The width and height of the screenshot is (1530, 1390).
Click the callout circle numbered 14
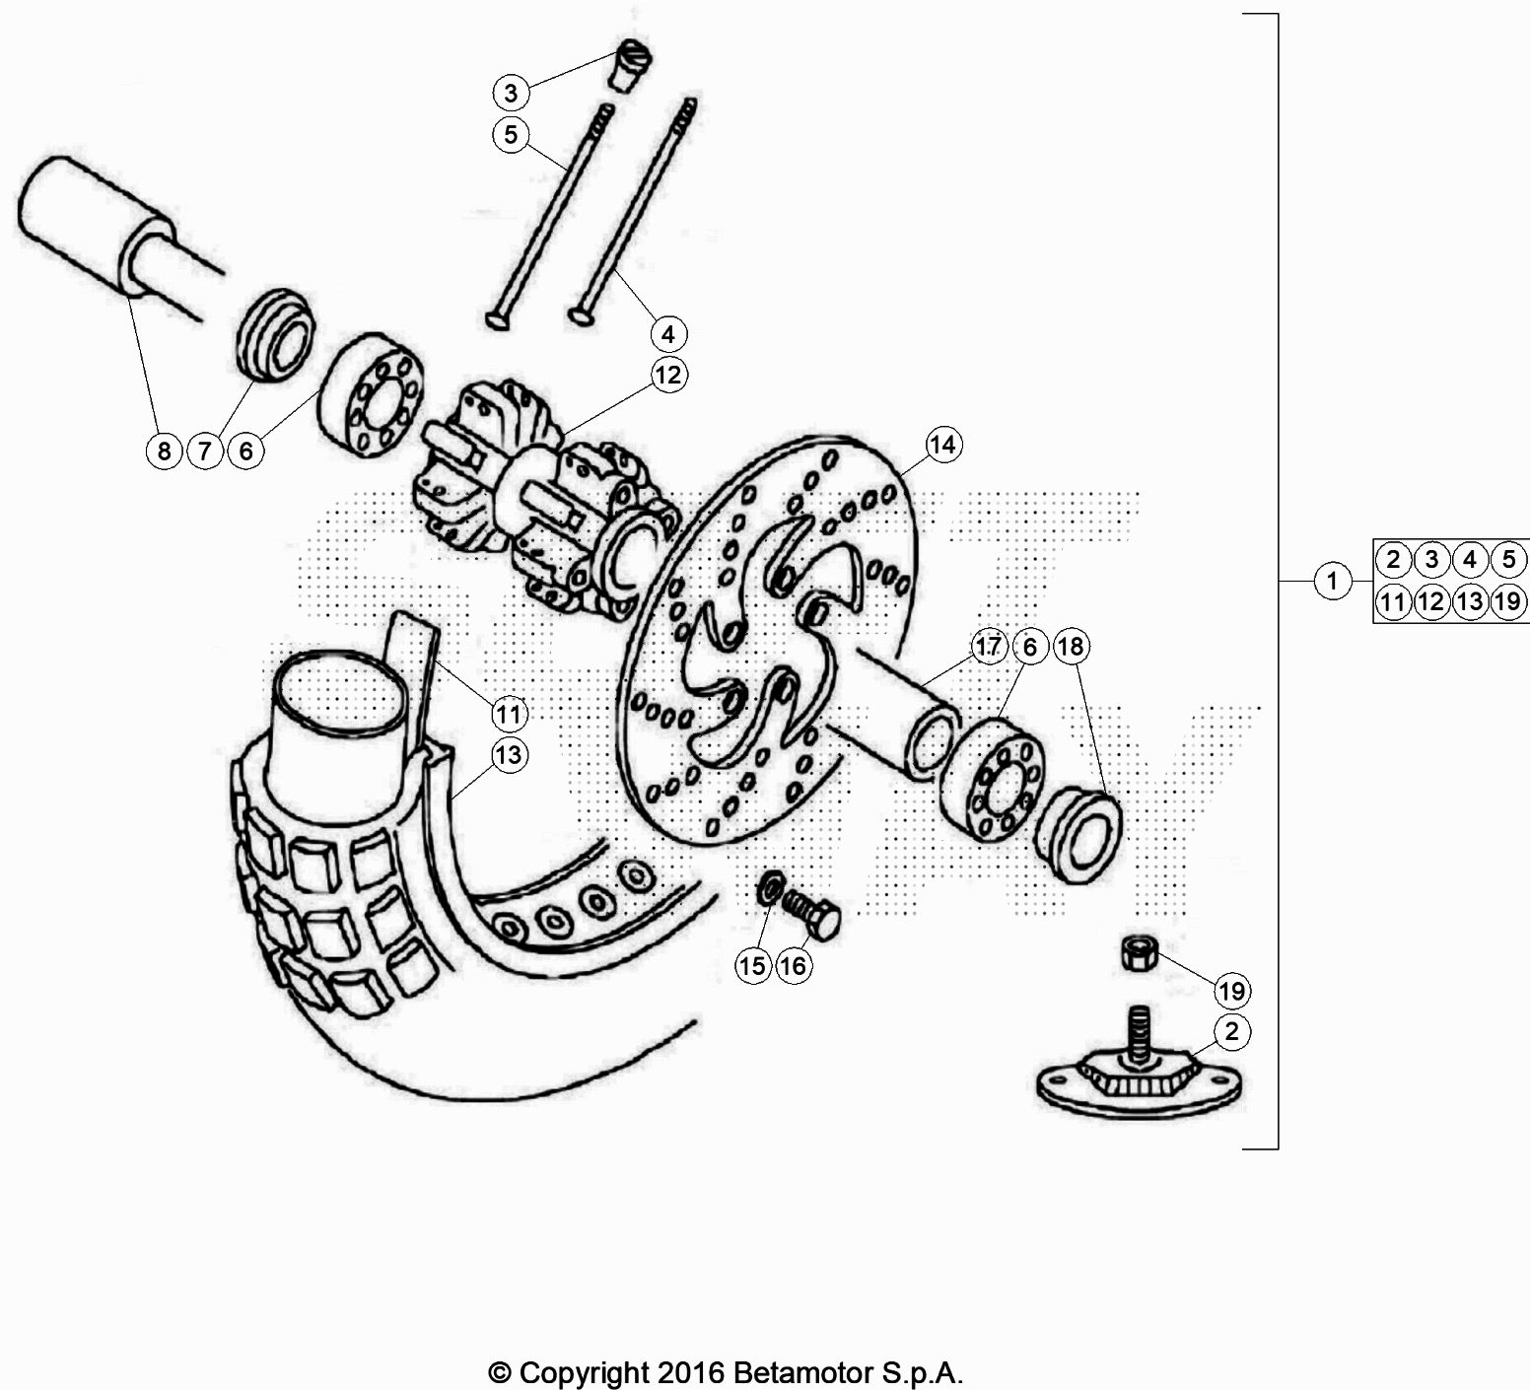point(942,445)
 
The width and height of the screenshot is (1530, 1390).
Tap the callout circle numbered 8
point(164,452)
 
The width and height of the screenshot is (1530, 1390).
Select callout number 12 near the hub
point(669,376)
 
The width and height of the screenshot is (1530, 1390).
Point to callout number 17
point(988,647)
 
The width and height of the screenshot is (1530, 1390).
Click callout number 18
point(1071,647)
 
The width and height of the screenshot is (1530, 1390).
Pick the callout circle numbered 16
point(793,966)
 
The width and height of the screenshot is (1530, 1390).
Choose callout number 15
point(752,966)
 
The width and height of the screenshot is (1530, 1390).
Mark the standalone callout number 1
point(1333,581)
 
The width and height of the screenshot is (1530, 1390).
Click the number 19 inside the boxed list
point(1507,600)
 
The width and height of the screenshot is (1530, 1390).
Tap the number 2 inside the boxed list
point(1393,560)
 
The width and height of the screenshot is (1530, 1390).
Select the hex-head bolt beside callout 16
point(811,913)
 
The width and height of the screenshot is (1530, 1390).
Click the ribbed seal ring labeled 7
point(277,333)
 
